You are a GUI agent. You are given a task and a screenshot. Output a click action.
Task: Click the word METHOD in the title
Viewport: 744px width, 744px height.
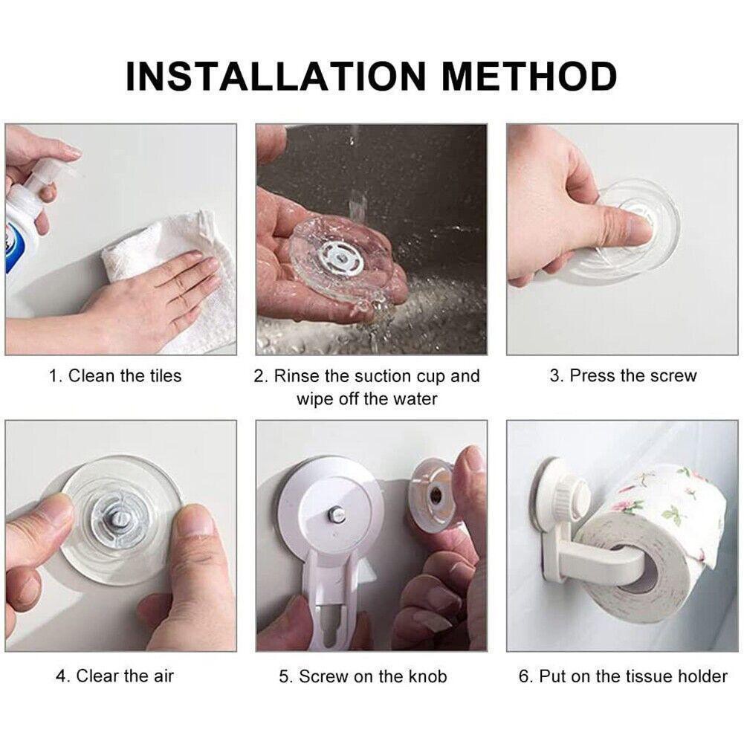tap(529, 77)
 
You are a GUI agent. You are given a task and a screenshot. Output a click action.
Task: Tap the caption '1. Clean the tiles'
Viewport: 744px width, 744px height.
tap(115, 376)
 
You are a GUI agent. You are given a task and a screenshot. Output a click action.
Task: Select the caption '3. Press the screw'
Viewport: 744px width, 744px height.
tap(623, 376)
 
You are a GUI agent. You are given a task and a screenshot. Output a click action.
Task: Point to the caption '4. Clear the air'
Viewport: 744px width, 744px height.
tap(114, 676)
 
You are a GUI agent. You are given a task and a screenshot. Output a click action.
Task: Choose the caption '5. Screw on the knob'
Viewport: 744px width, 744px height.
tap(363, 676)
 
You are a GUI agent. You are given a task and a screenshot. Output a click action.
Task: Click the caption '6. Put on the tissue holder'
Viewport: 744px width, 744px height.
tap(623, 676)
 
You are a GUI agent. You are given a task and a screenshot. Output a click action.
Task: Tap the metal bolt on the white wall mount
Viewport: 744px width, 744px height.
tap(335, 514)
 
